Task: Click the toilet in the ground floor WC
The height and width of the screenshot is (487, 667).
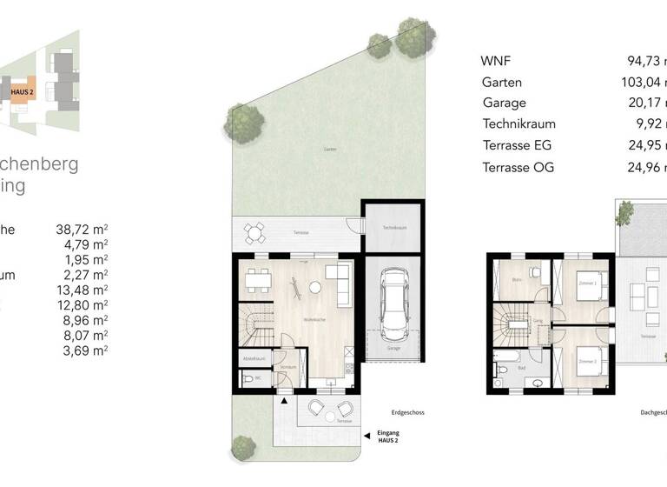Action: (x=248, y=379)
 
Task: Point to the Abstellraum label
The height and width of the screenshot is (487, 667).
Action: (x=254, y=357)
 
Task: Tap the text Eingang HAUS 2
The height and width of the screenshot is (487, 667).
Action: (x=388, y=437)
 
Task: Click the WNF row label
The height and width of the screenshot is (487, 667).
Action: (x=497, y=61)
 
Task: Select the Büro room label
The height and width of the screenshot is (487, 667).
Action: (x=516, y=280)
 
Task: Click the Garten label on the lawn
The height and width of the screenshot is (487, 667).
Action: (x=329, y=149)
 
